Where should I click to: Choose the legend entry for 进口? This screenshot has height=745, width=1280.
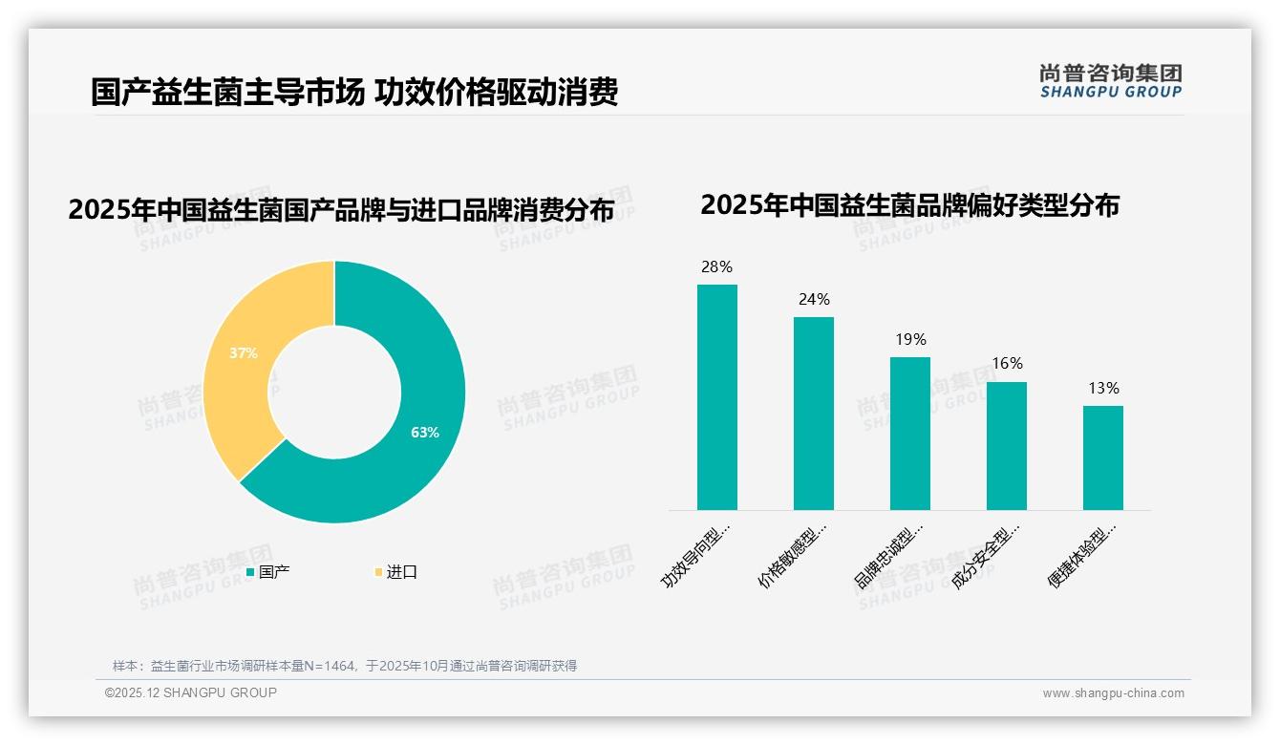tap(395, 572)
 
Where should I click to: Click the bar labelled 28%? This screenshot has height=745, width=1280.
tap(716, 396)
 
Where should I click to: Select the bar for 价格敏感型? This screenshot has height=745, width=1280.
tap(813, 413)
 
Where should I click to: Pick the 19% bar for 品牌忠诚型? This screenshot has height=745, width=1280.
tap(909, 433)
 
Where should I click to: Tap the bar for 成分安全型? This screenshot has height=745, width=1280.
tap(1006, 445)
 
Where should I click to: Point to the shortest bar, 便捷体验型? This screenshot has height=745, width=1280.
tap(1102, 458)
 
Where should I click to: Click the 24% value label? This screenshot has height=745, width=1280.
tap(814, 299)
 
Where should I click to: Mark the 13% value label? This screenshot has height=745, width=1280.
tap(1103, 388)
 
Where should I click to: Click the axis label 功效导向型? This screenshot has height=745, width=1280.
tap(697, 554)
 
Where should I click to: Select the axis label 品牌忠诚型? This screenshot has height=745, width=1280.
tap(890, 554)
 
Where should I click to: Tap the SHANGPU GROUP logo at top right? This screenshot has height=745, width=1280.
tap(1111, 81)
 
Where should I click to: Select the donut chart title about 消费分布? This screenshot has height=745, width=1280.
tap(341, 209)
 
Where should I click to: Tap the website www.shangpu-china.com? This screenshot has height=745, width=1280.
tap(1113, 693)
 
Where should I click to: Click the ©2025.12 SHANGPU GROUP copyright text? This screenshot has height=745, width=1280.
tap(191, 692)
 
